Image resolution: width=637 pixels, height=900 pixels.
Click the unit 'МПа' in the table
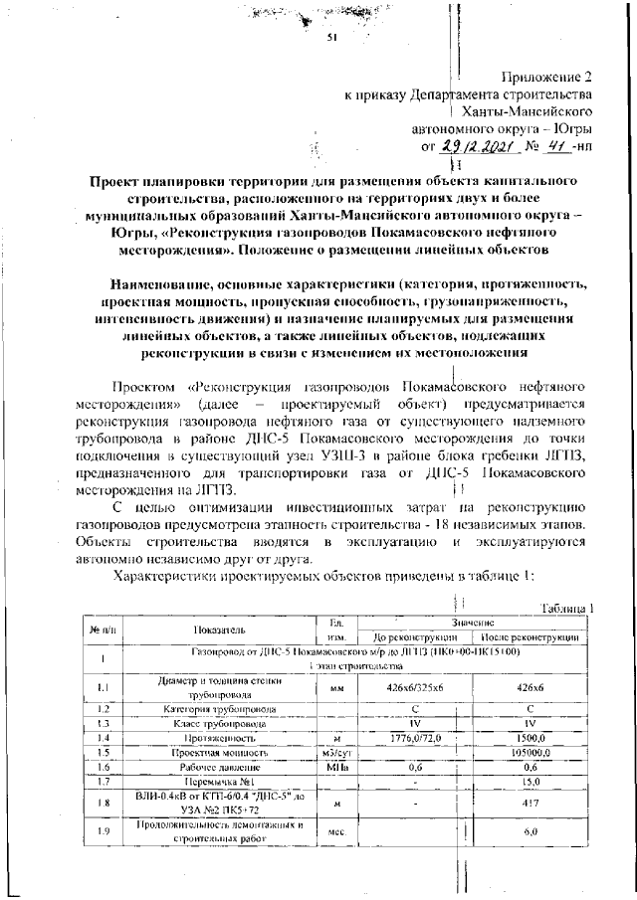pyautogui.click(x=335, y=768)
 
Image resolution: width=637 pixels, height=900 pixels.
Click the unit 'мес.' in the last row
pyautogui.click(x=335, y=831)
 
